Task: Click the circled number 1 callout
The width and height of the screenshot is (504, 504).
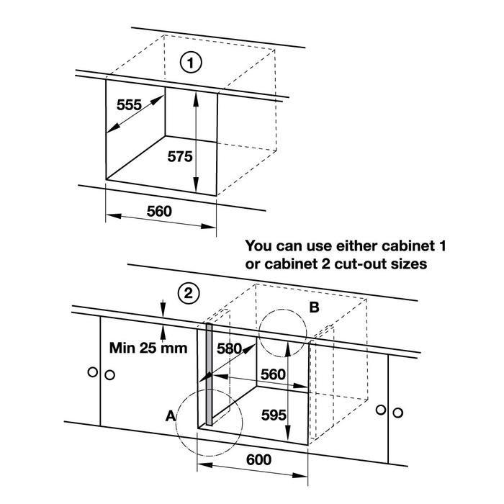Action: tap(190, 64)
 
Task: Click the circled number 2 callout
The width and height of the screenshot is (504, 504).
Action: tap(188, 293)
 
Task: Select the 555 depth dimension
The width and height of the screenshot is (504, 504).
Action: tap(129, 104)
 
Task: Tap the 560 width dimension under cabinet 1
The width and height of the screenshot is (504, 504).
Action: tap(159, 212)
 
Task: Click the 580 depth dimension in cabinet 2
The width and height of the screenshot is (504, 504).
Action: tap(228, 348)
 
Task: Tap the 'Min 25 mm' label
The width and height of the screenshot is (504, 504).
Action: tap(148, 348)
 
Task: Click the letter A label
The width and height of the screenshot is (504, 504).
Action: tap(170, 415)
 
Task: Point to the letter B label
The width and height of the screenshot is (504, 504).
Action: tap(314, 308)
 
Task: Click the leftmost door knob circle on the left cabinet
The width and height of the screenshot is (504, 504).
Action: tap(91, 372)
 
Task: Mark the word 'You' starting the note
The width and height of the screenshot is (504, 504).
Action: tap(259, 246)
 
